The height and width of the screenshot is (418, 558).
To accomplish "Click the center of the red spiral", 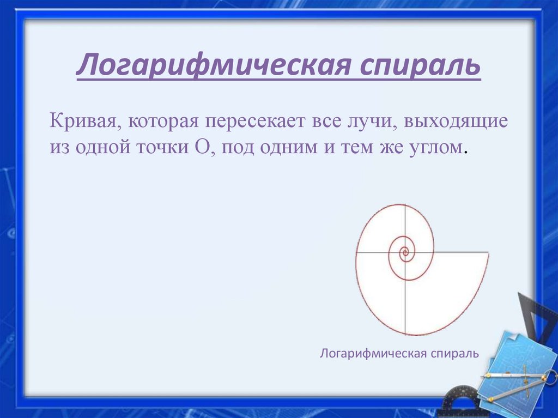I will (x=404, y=252).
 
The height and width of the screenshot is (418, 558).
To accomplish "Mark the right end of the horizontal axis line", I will (x=488, y=253).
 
